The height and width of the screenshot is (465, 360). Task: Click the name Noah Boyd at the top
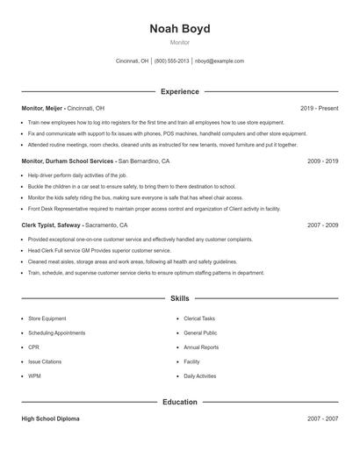179,28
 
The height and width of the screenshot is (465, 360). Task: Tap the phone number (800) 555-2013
171,61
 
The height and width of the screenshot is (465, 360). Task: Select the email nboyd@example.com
220,61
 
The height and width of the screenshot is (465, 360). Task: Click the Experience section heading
179,91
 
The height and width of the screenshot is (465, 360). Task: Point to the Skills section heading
179,299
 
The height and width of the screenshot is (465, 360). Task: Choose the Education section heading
179,402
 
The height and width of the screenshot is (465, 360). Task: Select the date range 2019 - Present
319,108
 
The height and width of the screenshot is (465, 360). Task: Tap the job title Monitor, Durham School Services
68,161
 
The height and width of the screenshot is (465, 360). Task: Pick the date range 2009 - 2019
322,161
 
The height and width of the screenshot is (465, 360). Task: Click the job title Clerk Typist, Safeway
52,225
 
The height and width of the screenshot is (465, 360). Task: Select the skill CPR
33,347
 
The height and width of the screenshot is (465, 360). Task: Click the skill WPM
34,376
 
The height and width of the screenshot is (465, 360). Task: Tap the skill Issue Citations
44,361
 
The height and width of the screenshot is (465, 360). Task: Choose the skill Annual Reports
201,347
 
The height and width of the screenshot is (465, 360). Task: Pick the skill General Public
200,333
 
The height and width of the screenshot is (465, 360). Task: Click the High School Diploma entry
50,418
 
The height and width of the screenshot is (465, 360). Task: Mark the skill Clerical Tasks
199,318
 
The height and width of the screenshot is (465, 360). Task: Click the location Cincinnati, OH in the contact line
132,61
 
